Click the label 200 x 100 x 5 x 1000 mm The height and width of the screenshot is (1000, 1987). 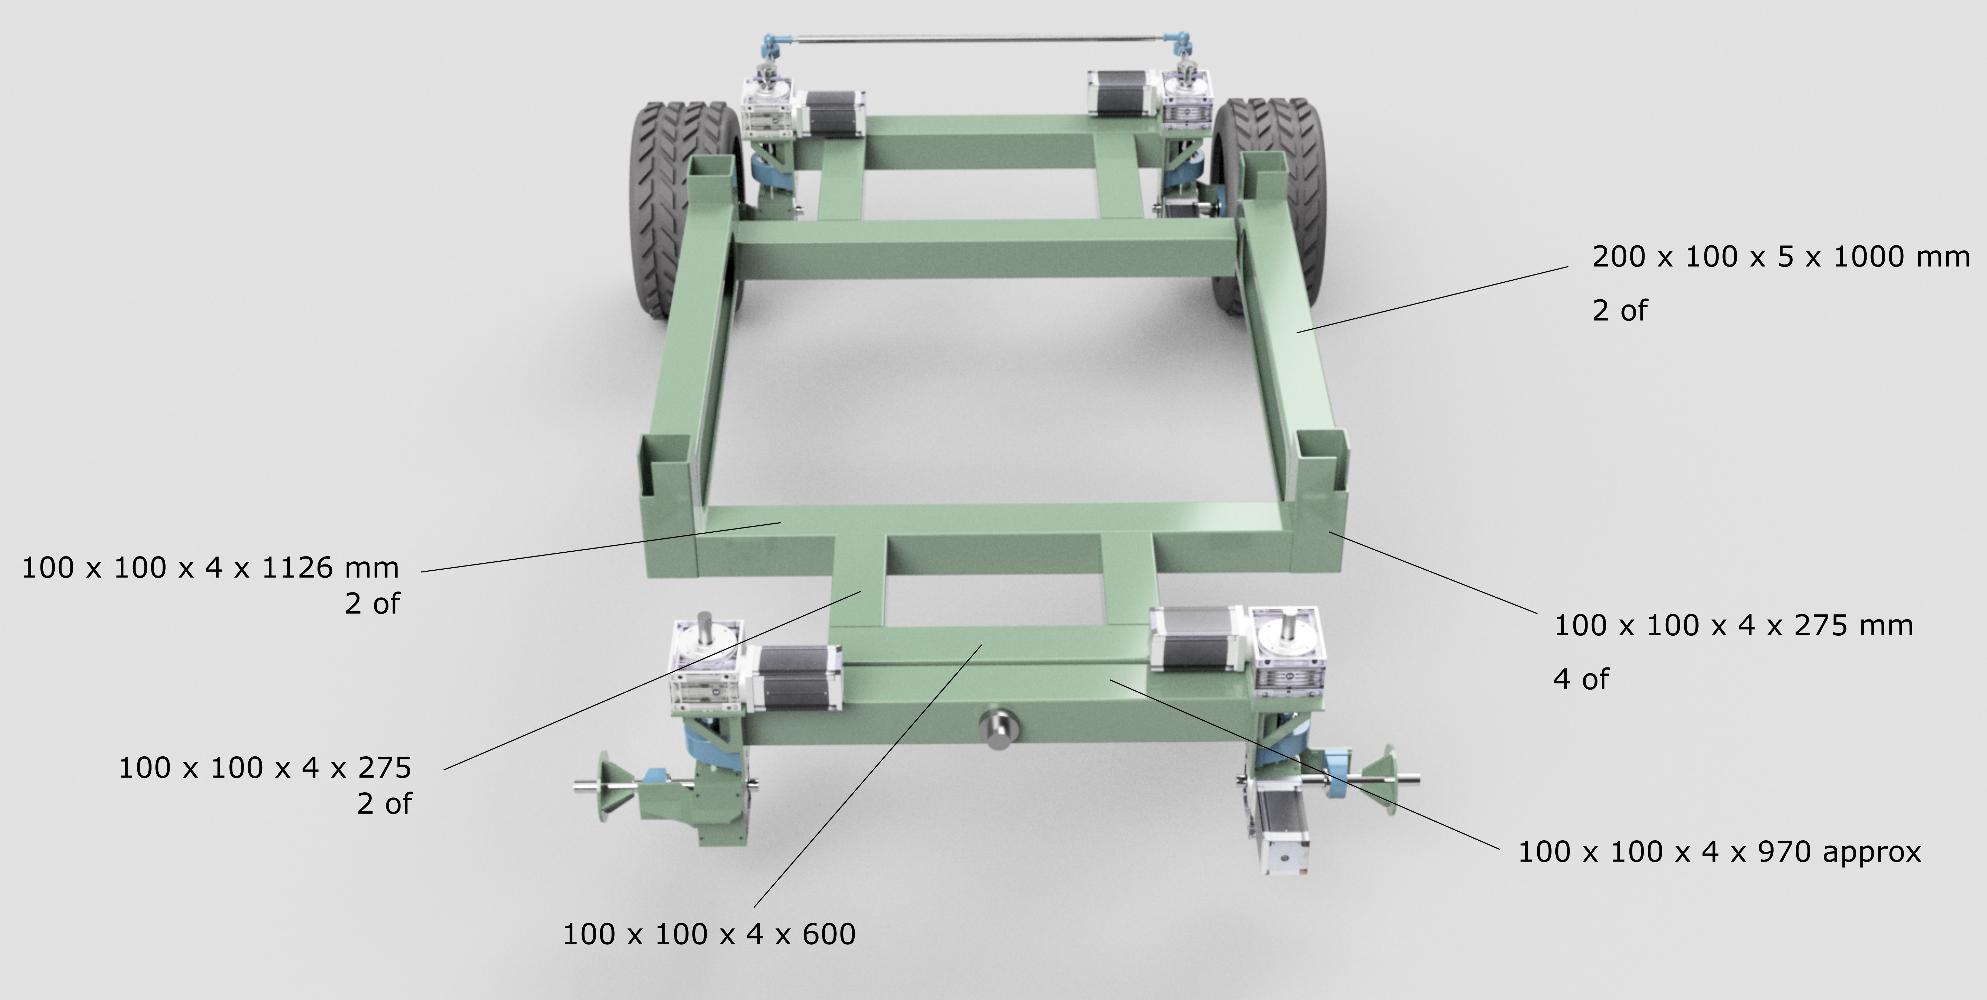pyautogui.click(x=1780, y=257)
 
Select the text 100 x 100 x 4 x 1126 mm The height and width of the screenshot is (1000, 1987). pyautogui.click(x=210, y=568)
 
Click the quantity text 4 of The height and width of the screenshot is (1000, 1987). pyautogui.click(x=1581, y=679)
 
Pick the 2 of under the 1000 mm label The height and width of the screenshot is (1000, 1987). pyautogui.click(x=1619, y=311)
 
